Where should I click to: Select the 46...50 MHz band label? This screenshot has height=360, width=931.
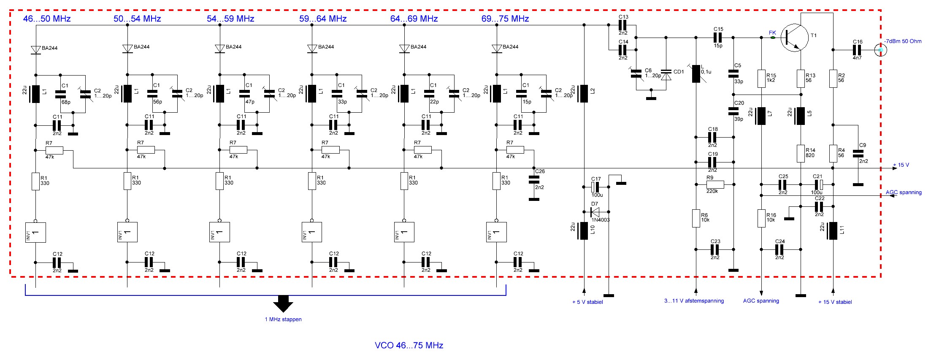coord(47,19)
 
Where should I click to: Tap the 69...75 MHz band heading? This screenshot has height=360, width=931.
coord(505,19)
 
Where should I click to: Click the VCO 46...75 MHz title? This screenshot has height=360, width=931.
coord(409,345)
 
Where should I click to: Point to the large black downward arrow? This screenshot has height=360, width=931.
coord(283,303)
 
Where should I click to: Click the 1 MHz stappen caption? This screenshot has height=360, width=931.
coord(283,319)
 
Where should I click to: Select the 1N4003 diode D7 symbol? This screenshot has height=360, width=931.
coord(595,212)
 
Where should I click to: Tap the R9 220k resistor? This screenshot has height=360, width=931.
coord(715,184)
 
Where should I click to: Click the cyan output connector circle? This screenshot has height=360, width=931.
coord(880,50)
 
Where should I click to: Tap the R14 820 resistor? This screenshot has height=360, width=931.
coord(801,153)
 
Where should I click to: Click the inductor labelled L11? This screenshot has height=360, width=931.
coord(833,230)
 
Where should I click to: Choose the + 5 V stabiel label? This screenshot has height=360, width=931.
coord(587,302)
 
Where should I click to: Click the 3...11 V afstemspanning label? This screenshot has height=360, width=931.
coord(694,301)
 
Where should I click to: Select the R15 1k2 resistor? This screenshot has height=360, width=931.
coord(761,78)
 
